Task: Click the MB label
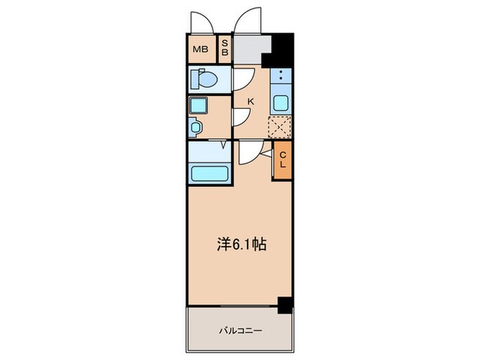(200, 49)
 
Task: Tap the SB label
(224, 49)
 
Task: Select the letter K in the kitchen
(251, 101)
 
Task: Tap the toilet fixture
(204, 80)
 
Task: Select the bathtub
(209, 172)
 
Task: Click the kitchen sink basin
(280, 104)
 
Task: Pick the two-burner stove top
(280, 76)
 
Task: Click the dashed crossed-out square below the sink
(280, 127)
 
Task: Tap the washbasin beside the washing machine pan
(195, 127)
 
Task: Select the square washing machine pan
(199, 106)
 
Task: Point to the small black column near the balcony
(285, 305)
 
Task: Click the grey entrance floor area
(250, 49)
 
